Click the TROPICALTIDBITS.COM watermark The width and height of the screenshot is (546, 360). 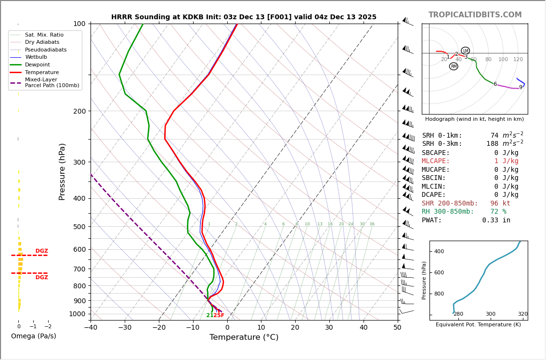pyautogui.click(x=475, y=15)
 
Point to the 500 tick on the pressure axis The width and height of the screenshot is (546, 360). pyautogui.click(x=79, y=227)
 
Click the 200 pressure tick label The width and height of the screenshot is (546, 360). pyautogui.click(x=79, y=111)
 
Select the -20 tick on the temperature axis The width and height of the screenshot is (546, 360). pyautogui.click(x=159, y=328)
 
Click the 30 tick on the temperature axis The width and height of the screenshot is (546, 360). pyautogui.click(x=329, y=328)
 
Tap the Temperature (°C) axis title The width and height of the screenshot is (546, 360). pyautogui.click(x=244, y=338)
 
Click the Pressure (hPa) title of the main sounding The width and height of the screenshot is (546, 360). pyautogui.click(x=63, y=171)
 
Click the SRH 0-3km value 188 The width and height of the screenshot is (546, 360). pyautogui.click(x=492, y=144)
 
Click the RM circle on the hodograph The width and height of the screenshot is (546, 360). pyautogui.click(x=454, y=66)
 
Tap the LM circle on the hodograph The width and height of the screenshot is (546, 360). pyautogui.click(x=465, y=51)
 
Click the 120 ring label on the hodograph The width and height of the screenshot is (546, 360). pyautogui.click(x=518, y=60)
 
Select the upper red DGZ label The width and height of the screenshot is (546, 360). pyautogui.click(x=41, y=251)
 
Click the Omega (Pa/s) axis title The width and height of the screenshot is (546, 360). pyautogui.click(x=34, y=336)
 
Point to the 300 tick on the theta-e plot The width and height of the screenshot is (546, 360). pyautogui.click(x=490, y=314)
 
